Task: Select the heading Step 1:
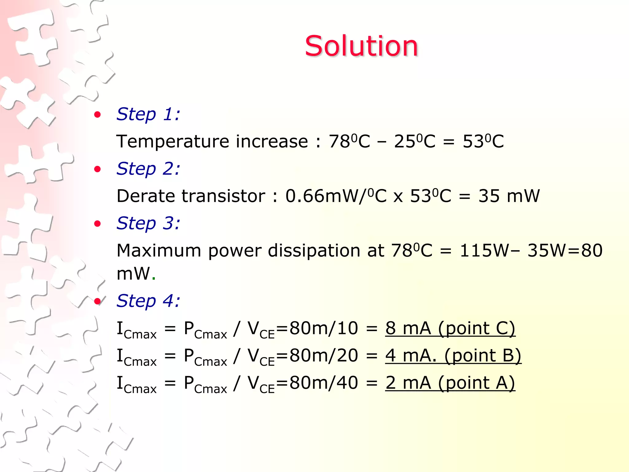pyautogui.click(x=148, y=114)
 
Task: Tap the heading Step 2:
pyautogui.click(x=148, y=169)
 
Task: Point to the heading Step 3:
pyautogui.click(x=148, y=223)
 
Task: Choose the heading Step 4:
pyautogui.click(x=148, y=301)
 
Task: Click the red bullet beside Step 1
pyautogui.click(x=98, y=115)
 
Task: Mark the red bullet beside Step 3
pyautogui.click(x=98, y=224)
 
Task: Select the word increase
pyautogui.click(x=272, y=142)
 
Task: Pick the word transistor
pyautogui.click(x=223, y=196)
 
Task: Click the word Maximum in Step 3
pyautogui.click(x=158, y=250)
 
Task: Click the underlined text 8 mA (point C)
pyautogui.click(x=450, y=328)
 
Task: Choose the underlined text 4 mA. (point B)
pyautogui.click(x=453, y=356)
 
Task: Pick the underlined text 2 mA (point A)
pyautogui.click(x=450, y=383)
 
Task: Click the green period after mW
pyautogui.click(x=154, y=278)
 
